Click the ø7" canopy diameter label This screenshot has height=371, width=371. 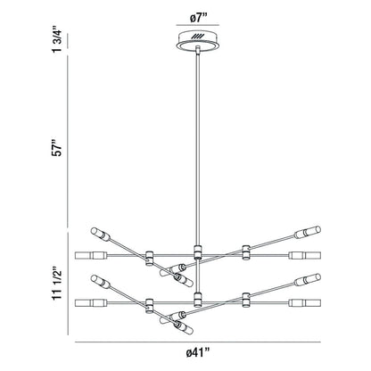click(196, 17)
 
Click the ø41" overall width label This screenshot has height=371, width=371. click(196, 354)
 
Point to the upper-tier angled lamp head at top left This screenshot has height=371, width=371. click(107, 237)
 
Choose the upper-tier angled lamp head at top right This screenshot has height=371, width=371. click(306, 234)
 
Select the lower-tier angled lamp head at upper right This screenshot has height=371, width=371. click(306, 279)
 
